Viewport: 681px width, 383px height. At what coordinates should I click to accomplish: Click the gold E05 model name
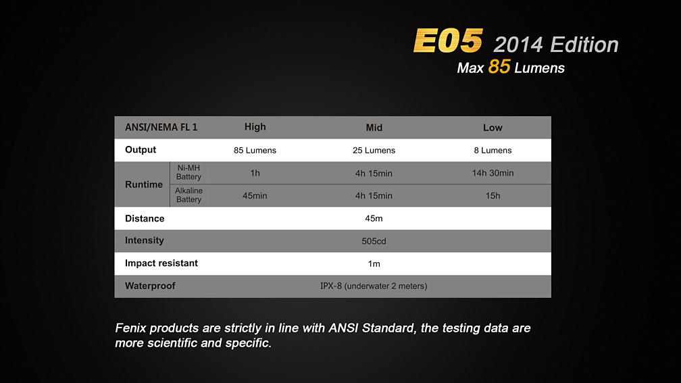tap(448, 41)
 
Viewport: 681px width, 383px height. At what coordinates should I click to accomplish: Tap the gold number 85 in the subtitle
tap(499, 67)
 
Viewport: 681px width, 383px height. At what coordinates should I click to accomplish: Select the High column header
tap(255, 127)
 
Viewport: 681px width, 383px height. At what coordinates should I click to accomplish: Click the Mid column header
tap(374, 128)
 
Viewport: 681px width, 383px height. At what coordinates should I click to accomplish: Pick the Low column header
tap(493, 128)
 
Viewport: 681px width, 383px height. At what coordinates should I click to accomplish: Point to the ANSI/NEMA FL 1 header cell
tap(161, 127)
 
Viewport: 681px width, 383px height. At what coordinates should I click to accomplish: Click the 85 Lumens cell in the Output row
tap(255, 150)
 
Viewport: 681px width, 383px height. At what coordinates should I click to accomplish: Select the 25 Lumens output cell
tap(374, 150)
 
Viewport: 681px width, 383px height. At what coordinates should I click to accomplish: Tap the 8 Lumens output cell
tap(493, 150)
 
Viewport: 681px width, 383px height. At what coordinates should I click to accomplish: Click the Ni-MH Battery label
tap(188, 172)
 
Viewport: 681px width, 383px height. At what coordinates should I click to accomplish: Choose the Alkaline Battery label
tap(188, 195)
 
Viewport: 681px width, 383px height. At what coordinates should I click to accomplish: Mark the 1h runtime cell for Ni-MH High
tap(255, 173)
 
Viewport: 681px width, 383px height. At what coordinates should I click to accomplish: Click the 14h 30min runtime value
tap(493, 173)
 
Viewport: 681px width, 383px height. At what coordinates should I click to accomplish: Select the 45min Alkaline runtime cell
tap(255, 196)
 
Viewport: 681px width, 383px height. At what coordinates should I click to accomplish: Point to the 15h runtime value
tap(493, 196)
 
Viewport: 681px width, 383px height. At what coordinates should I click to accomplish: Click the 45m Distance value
tap(374, 218)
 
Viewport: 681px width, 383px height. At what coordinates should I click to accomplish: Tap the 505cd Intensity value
tap(374, 241)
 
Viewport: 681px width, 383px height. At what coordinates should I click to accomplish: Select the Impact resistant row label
tap(161, 263)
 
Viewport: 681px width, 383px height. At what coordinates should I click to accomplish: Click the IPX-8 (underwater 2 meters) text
tap(374, 286)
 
